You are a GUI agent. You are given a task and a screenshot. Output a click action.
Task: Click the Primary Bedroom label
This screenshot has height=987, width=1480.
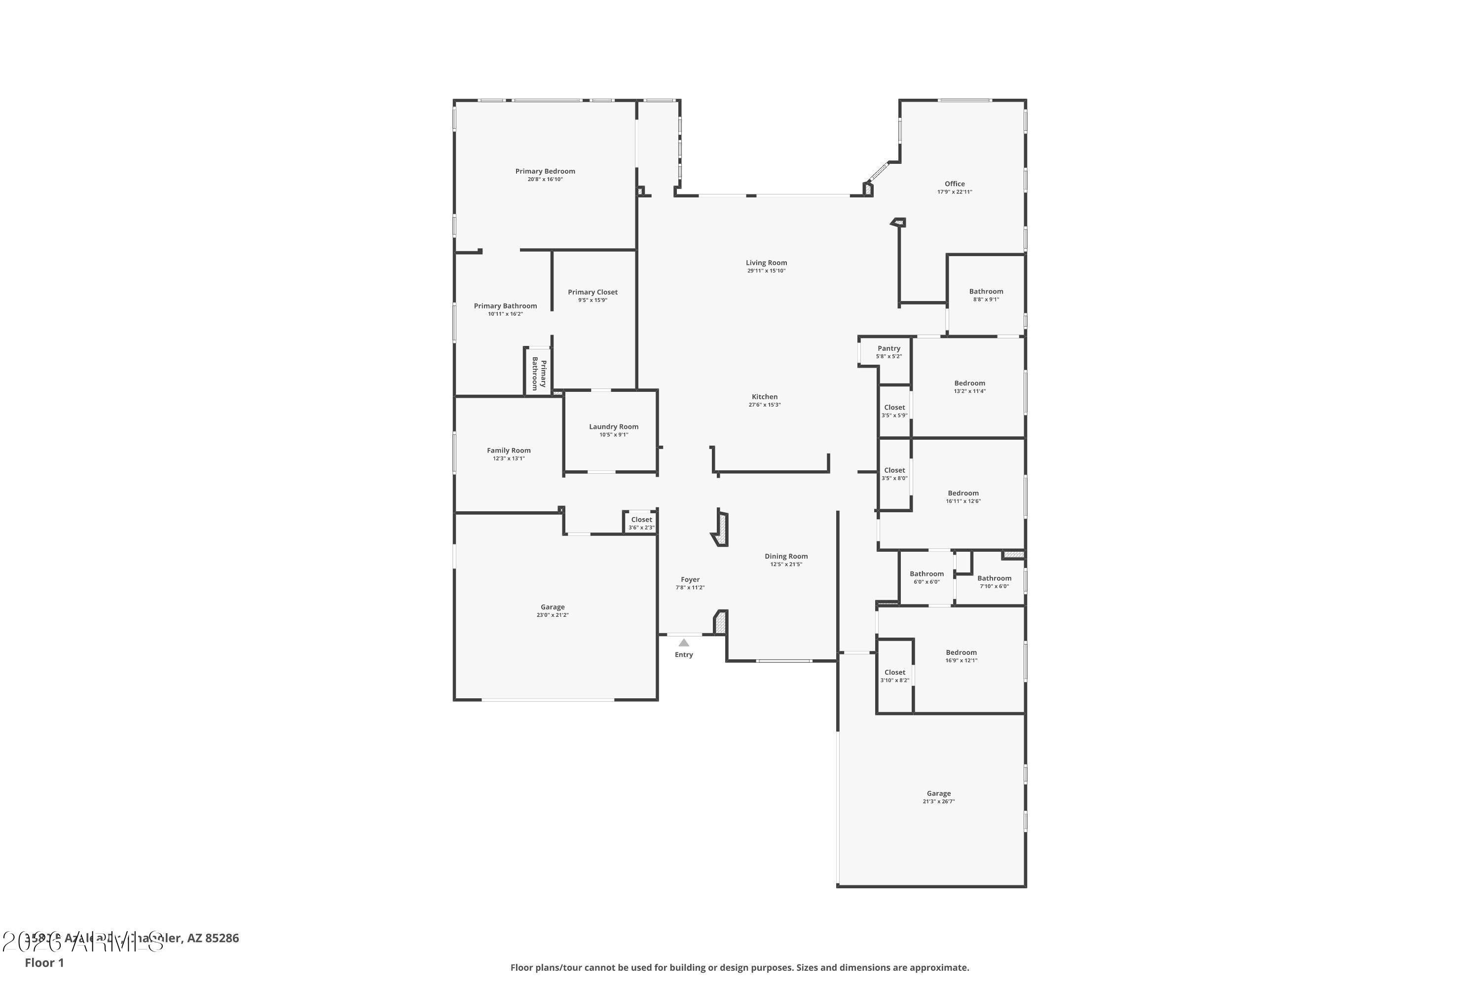point(545,171)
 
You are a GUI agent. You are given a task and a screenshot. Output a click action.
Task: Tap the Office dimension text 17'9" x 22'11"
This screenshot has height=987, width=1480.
point(954,192)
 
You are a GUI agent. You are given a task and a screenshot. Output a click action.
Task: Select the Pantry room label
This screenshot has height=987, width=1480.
point(888,348)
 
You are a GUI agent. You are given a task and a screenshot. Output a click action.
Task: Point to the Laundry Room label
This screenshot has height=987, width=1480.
point(614,427)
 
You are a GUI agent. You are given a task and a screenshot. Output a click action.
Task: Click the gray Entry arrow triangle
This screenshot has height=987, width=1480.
point(683,643)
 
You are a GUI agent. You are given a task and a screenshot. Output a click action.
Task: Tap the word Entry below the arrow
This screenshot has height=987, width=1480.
point(683,655)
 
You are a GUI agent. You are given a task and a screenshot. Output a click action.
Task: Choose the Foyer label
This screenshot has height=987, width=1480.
point(690,580)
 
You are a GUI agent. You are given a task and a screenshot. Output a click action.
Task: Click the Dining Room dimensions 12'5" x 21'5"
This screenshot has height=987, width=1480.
point(786,565)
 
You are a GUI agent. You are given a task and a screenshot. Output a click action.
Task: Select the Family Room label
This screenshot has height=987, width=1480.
point(509,451)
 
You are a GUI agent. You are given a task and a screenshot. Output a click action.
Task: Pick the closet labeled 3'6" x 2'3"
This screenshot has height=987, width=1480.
point(641,523)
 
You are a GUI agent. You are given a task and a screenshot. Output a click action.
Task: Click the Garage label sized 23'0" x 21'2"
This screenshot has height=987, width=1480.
point(553,607)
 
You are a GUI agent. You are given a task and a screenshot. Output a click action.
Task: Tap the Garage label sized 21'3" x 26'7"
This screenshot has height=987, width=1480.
point(938,794)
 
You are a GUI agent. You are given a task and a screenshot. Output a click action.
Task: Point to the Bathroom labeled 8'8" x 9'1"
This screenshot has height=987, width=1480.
point(985,292)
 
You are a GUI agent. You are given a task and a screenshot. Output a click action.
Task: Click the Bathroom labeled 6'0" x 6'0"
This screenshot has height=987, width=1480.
point(926,574)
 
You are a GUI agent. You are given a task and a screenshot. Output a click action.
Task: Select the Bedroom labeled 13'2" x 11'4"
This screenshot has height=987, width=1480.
point(969,383)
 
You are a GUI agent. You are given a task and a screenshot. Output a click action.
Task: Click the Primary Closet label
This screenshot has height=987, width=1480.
point(592,292)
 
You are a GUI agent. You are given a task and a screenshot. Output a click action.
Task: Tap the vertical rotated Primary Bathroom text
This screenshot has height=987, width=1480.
point(539,374)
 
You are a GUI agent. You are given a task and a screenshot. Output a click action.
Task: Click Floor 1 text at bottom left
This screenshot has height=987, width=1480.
point(44,962)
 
